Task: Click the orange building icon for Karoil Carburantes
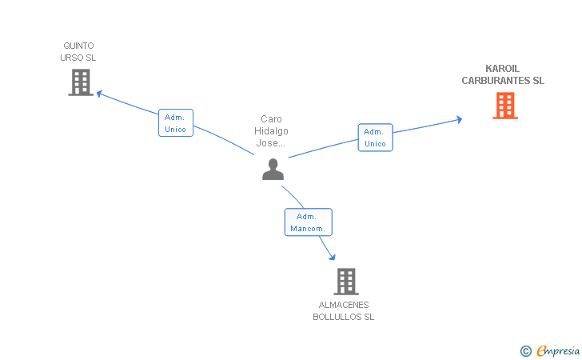point(505,106)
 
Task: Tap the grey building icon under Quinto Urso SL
point(81,82)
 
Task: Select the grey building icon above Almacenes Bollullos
point(346,282)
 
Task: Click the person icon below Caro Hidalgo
point(273,170)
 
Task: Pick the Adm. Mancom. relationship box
point(308,222)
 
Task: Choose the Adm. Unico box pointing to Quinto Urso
point(176,123)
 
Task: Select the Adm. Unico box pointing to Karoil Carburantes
point(375,138)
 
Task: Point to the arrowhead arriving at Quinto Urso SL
point(99,94)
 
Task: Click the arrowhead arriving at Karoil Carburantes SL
point(459,119)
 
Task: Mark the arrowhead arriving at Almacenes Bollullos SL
point(333,257)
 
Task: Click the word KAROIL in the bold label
point(503,69)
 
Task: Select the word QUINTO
point(78,46)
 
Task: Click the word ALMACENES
point(344,305)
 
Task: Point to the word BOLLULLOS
point(337,317)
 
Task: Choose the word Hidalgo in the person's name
point(271,131)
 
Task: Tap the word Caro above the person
point(271,119)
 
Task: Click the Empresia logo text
point(558,350)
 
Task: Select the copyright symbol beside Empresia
point(526,351)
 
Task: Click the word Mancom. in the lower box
point(308,229)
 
